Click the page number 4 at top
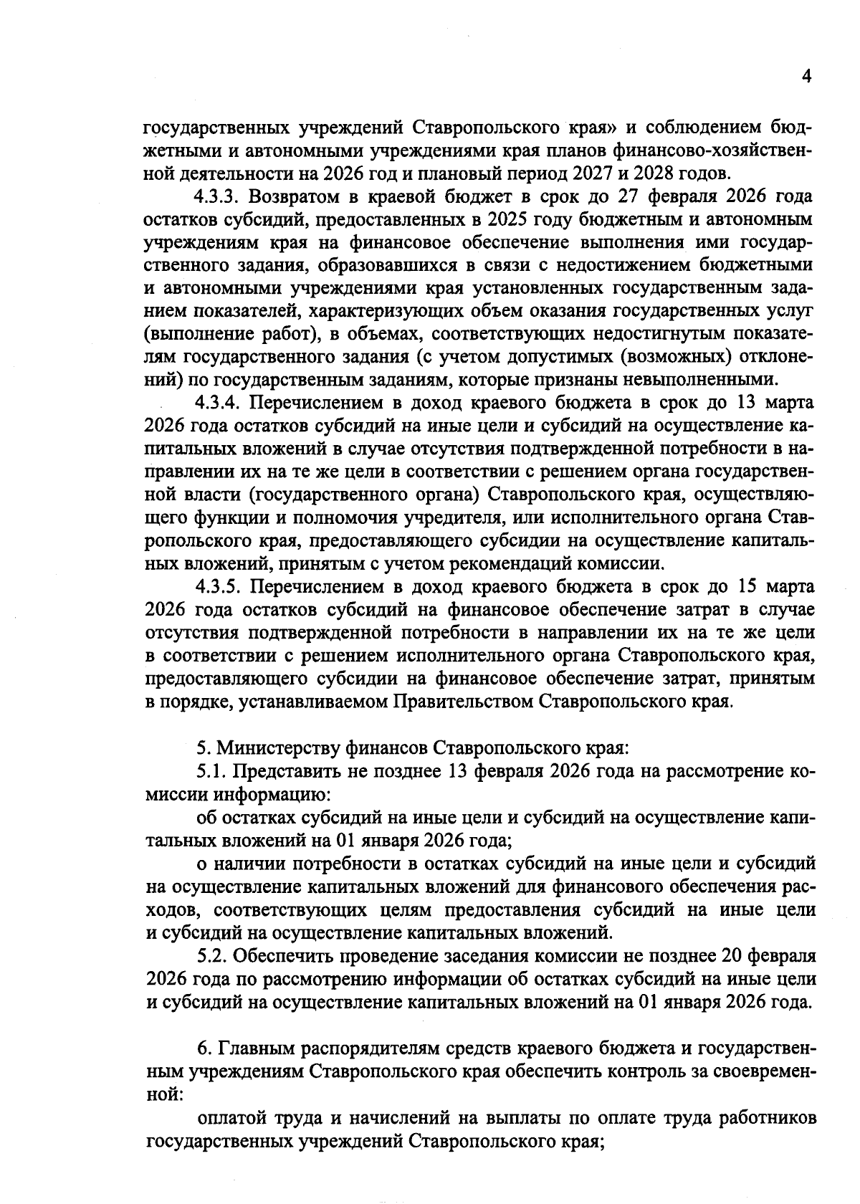[806, 77]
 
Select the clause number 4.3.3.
[219, 196]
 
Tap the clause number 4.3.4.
[219, 402]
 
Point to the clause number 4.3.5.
[219, 586]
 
